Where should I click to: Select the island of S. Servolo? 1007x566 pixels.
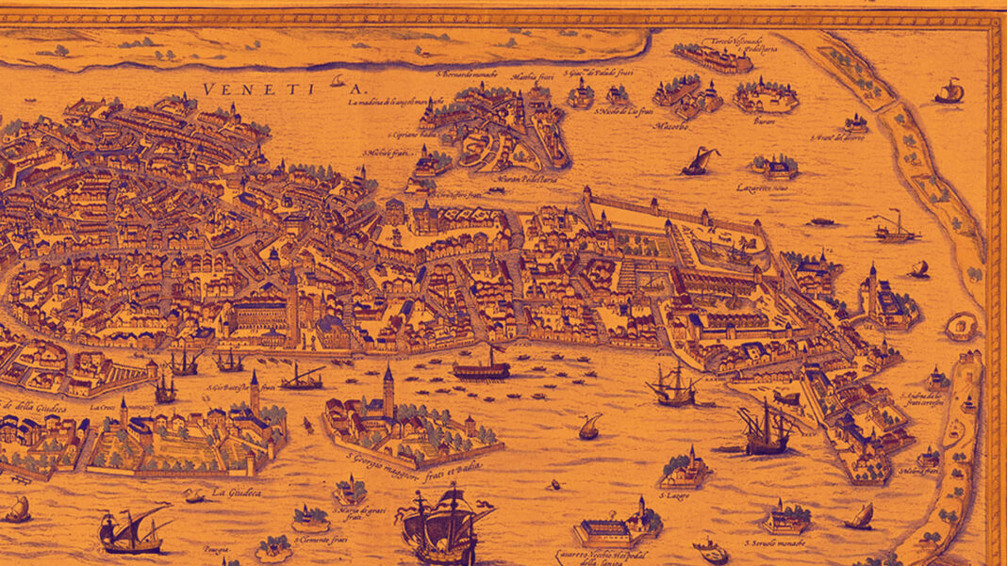point(786,519)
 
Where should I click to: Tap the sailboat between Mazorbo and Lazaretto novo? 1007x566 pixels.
point(700,162)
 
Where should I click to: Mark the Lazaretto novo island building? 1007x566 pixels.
point(775,168)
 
